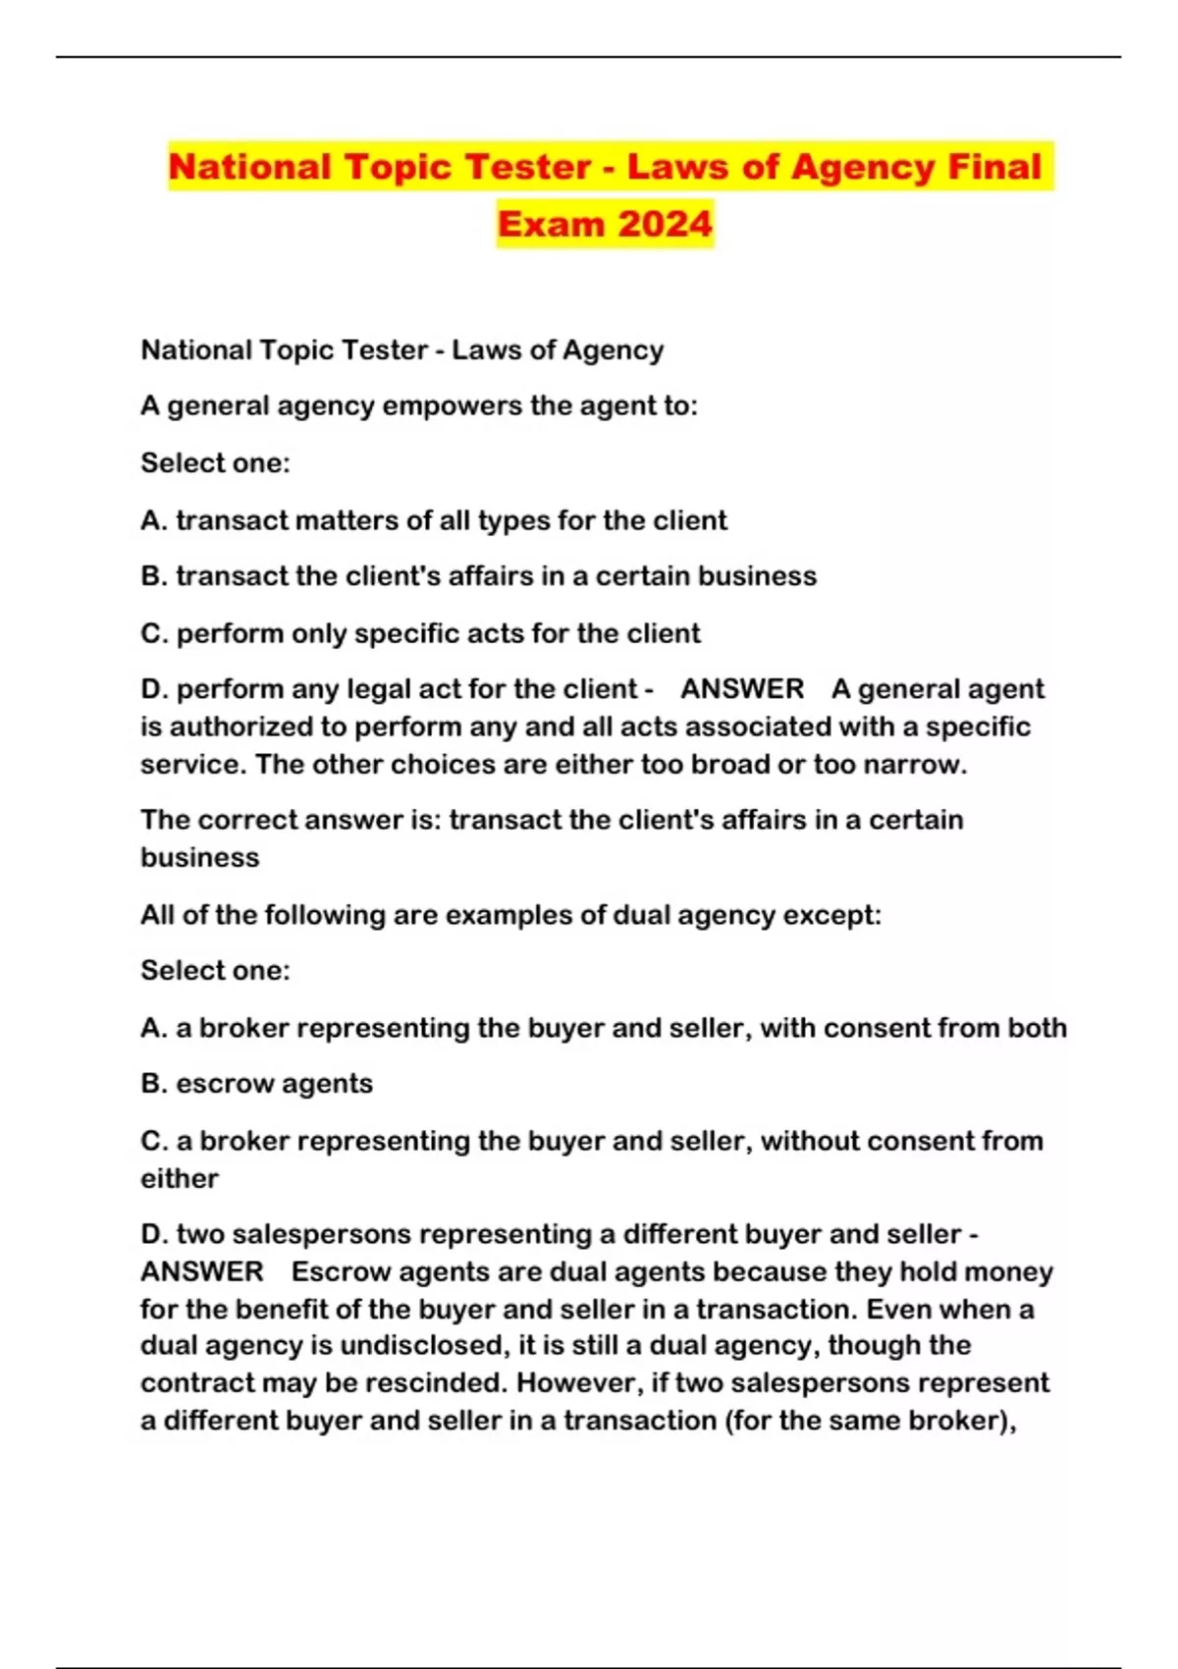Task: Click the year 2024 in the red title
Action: (x=665, y=224)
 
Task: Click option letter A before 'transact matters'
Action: (x=153, y=520)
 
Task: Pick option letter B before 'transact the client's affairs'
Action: (x=153, y=576)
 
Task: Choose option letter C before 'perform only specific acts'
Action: (x=153, y=633)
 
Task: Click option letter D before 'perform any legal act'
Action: (x=153, y=689)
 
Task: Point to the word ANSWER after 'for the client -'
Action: (x=742, y=689)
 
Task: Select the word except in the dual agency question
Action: (x=830, y=915)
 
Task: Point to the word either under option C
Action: (x=180, y=1178)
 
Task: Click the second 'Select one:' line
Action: (x=215, y=971)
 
